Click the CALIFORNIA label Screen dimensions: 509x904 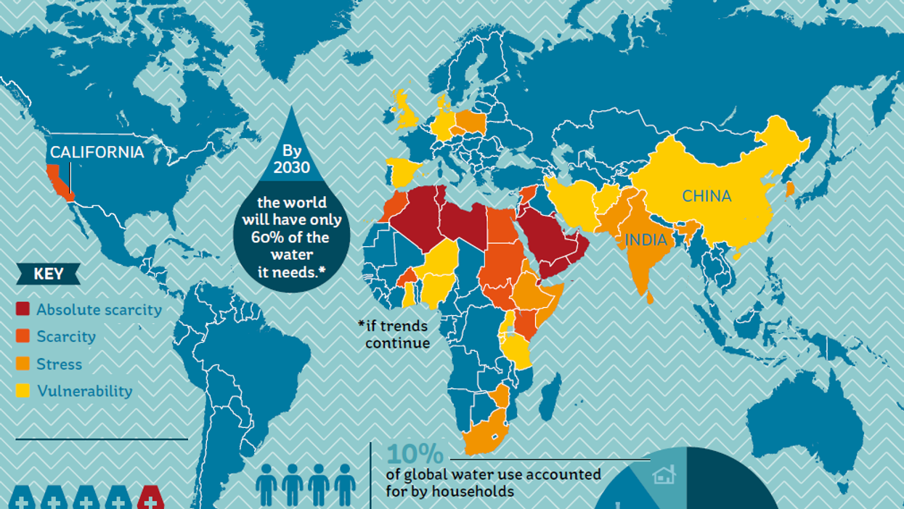(x=97, y=152)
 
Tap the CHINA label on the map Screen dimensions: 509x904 (x=706, y=196)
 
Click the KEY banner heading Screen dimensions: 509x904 (x=49, y=274)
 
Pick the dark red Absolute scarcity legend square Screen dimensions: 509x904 (x=23, y=309)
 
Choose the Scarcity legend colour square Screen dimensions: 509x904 (x=23, y=337)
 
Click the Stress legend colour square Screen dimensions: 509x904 (x=23, y=364)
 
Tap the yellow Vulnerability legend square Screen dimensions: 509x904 (x=23, y=391)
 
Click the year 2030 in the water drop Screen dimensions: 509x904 (x=291, y=168)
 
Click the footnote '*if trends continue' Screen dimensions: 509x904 (x=393, y=334)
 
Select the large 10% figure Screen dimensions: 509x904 (x=415, y=454)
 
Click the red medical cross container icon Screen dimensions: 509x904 (x=150, y=500)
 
